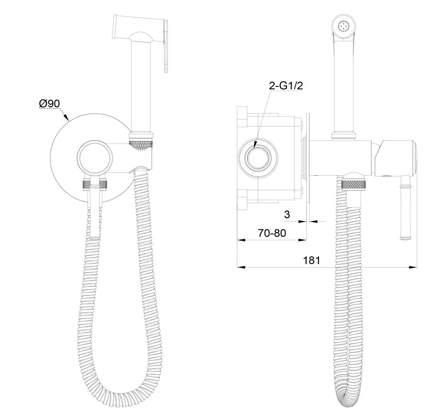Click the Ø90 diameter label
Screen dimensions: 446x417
(x=49, y=103)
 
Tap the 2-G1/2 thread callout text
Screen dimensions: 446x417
(x=286, y=85)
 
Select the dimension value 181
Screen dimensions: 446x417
(x=311, y=260)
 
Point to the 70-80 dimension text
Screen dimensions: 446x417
(x=272, y=233)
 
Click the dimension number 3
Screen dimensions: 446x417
(x=287, y=214)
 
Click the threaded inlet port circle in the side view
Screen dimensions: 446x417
(x=258, y=158)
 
